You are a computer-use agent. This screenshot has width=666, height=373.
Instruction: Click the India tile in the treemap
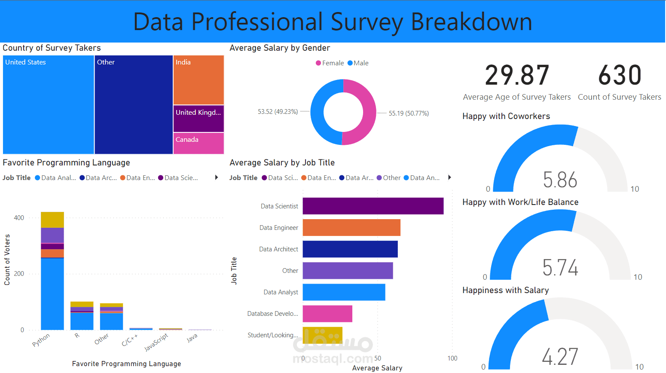(x=199, y=80)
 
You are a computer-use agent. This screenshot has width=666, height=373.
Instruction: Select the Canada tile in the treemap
(x=199, y=143)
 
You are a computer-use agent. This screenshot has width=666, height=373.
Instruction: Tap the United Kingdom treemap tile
(x=199, y=119)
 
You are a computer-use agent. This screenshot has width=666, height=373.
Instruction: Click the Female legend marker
(x=318, y=63)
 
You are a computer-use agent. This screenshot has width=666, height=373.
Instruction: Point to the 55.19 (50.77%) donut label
(x=409, y=113)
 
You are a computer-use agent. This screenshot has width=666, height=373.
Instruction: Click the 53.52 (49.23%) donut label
(x=278, y=112)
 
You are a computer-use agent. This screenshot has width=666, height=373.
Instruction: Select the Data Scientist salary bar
(x=373, y=206)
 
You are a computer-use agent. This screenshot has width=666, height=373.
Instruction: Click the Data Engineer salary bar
(x=351, y=228)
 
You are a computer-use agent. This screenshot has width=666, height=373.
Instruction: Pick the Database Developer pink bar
(x=327, y=314)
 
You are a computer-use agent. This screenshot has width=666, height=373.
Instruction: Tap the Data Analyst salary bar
(x=344, y=292)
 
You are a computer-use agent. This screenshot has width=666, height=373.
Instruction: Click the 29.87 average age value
(x=517, y=76)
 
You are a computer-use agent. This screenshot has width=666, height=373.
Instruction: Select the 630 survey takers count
(x=620, y=76)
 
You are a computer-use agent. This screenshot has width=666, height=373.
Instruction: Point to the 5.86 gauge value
(x=560, y=180)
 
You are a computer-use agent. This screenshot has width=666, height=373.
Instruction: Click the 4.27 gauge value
(x=560, y=357)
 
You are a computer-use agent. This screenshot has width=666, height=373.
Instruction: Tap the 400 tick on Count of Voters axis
(x=19, y=218)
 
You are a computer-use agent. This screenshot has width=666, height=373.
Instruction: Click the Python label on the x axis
(x=41, y=340)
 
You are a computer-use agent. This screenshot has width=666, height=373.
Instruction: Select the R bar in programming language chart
(x=82, y=316)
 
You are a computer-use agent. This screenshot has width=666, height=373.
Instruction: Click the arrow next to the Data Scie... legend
(x=217, y=177)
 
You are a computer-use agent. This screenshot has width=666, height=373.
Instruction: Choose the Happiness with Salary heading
(x=505, y=290)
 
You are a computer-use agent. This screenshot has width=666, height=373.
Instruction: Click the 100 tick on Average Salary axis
(x=452, y=358)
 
